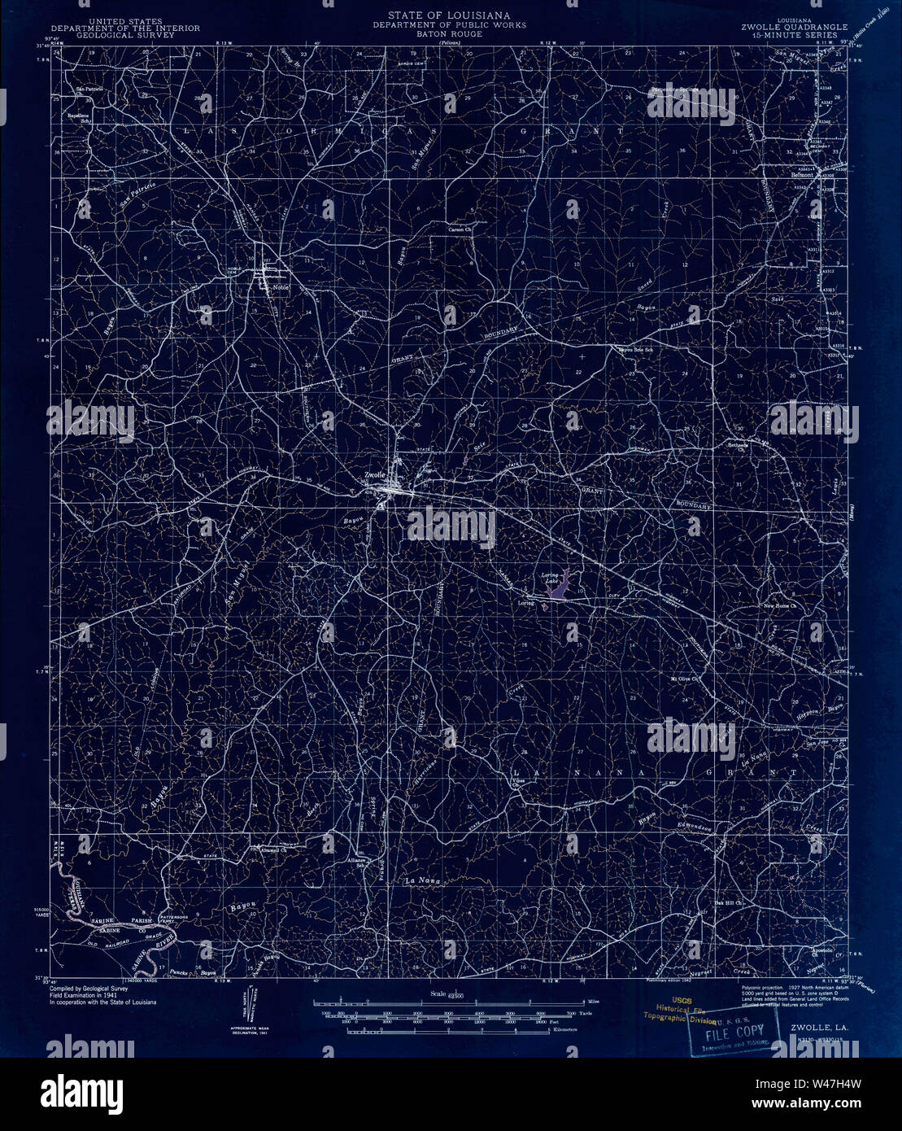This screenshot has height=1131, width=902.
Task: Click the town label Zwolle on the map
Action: (374, 474)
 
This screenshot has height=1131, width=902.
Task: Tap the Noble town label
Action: (281, 286)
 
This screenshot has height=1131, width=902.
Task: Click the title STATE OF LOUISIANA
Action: (449, 15)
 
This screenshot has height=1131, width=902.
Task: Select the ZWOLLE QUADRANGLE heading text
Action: (794, 26)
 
